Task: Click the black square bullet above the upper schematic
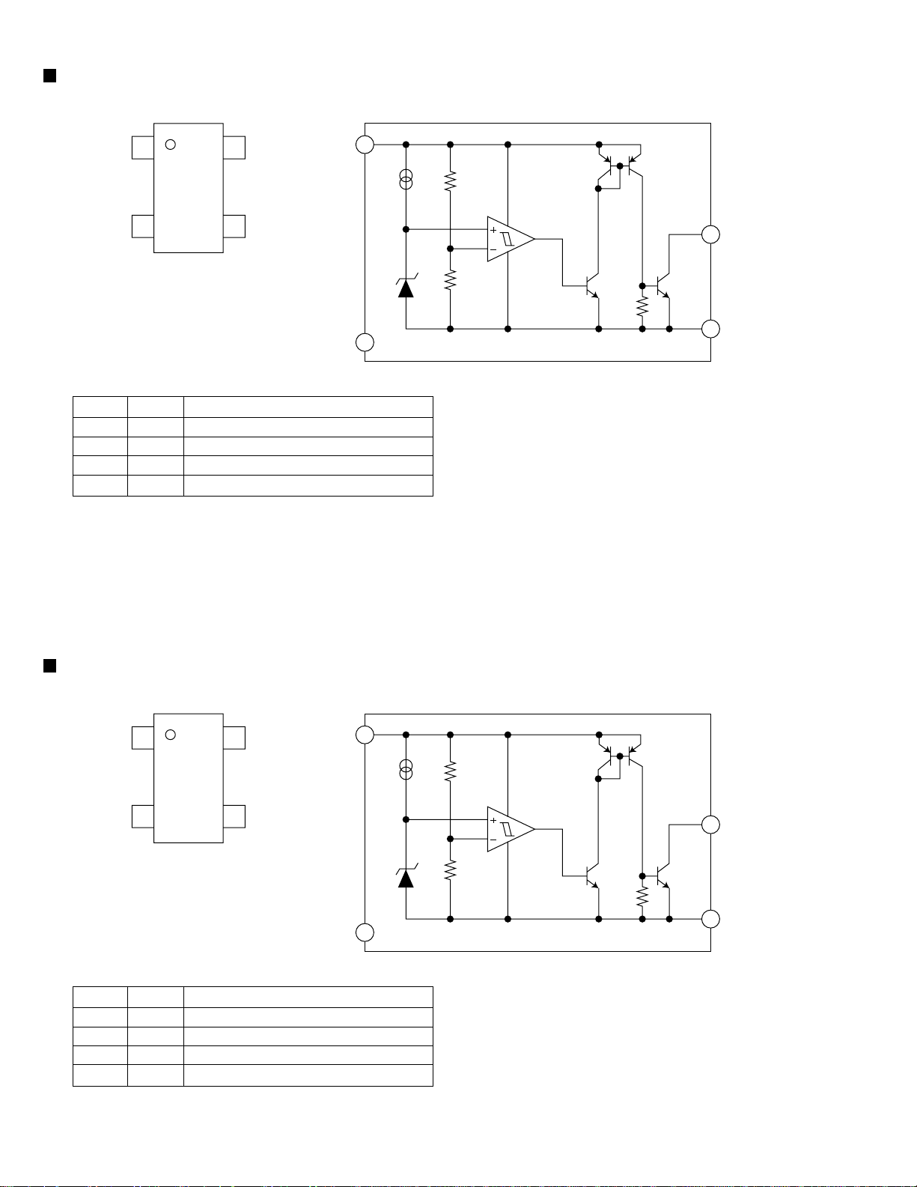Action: click(x=50, y=75)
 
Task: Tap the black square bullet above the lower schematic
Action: click(x=50, y=666)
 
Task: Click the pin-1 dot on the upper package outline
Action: click(x=170, y=144)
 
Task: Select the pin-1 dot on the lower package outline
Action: click(x=170, y=735)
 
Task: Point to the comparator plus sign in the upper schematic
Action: click(x=493, y=230)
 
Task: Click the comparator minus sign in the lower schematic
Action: click(x=493, y=840)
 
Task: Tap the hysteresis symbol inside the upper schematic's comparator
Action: click(x=508, y=240)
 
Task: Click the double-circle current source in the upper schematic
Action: click(x=406, y=180)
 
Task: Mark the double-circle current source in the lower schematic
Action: click(x=406, y=770)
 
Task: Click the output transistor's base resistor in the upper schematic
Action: click(x=642, y=306)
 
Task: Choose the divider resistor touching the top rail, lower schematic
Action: click(x=450, y=771)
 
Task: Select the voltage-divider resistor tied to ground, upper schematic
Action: click(x=450, y=280)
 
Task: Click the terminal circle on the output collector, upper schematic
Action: click(x=710, y=234)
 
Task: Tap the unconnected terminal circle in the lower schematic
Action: click(x=365, y=932)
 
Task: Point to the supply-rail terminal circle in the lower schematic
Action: click(x=365, y=735)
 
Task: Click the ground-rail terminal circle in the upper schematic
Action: click(x=710, y=329)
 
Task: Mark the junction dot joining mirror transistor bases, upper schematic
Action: click(x=619, y=166)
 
